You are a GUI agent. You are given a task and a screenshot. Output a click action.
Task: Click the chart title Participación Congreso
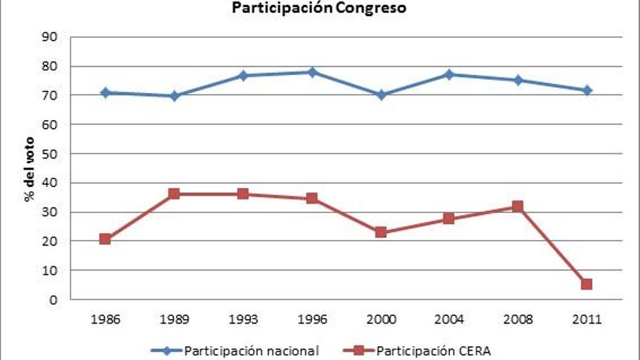[x=319, y=9]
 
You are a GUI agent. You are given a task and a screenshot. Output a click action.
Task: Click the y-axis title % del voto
[x=31, y=168]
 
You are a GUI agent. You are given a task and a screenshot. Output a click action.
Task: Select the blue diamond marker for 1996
[x=312, y=72]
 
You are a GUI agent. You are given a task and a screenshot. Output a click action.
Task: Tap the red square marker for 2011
[x=586, y=284]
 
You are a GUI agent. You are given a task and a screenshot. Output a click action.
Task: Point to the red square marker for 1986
[x=105, y=239]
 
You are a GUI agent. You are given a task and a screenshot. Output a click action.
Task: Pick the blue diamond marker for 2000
[x=380, y=95]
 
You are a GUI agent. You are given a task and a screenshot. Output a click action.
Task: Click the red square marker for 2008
[x=517, y=207]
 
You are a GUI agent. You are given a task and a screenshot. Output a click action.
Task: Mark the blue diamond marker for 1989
[x=175, y=96]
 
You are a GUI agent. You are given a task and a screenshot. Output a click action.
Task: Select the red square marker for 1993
[x=243, y=194]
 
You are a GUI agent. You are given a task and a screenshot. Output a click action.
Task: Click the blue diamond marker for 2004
[x=449, y=74]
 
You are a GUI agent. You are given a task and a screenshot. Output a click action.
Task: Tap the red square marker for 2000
[x=380, y=233]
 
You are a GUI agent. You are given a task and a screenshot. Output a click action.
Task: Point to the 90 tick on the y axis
[x=51, y=37]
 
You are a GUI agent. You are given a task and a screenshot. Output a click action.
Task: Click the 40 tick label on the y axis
[x=51, y=183]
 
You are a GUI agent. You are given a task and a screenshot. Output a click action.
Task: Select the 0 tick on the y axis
[x=54, y=299]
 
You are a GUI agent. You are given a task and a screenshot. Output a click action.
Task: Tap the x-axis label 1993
[x=243, y=318]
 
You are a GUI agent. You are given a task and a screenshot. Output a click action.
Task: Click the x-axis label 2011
[x=586, y=318]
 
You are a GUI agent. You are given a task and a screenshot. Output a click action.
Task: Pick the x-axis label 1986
[x=105, y=318]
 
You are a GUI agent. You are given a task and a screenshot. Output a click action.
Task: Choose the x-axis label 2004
[x=449, y=318]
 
